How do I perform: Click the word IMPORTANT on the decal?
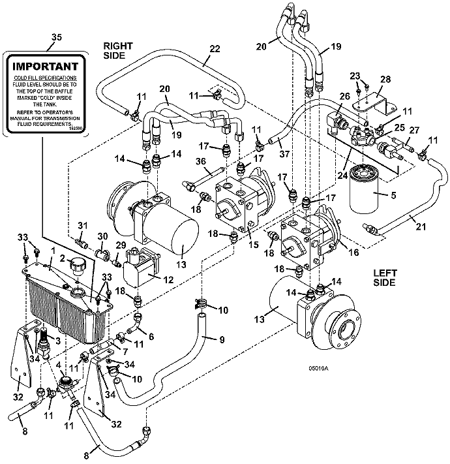46,66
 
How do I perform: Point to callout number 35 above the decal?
56,39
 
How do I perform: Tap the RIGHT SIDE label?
118,51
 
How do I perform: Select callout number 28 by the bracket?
386,79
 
